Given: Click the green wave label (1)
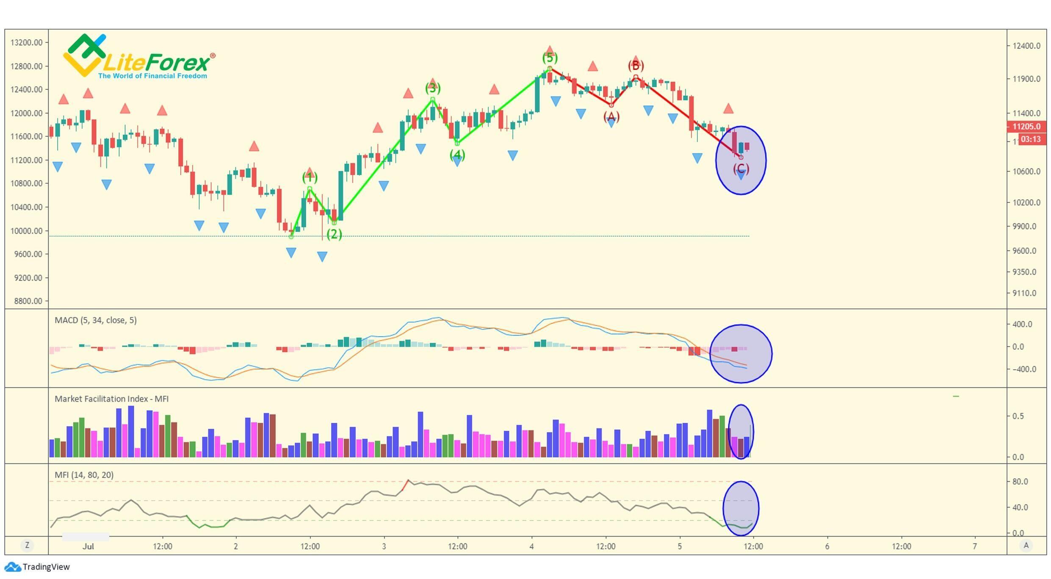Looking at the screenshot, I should pyautogui.click(x=310, y=177).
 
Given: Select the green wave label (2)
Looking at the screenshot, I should pyautogui.click(x=334, y=234).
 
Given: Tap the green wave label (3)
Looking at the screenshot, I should pyautogui.click(x=432, y=88).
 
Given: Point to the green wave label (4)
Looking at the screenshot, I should pyautogui.click(x=457, y=155).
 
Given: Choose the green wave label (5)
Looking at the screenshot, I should pyautogui.click(x=550, y=58).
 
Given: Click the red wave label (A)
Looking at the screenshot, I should pyautogui.click(x=611, y=116).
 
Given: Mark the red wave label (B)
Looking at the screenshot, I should pyautogui.click(x=636, y=66).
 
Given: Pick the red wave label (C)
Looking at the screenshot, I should pyautogui.click(x=741, y=169).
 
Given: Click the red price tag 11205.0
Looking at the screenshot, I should pyautogui.click(x=1026, y=127).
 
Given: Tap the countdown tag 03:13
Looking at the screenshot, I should pyautogui.click(x=1030, y=139).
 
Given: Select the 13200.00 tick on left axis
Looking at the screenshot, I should pyautogui.click(x=26, y=42).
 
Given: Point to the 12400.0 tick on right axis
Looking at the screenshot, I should pyautogui.click(x=1026, y=46).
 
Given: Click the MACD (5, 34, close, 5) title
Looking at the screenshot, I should pyautogui.click(x=96, y=320).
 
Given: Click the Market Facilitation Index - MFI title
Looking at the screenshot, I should pyautogui.click(x=111, y=399).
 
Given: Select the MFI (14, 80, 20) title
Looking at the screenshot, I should pyautogui.click(x=84, y=475).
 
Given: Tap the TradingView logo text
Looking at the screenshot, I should pyautogui.click(x=46, y=567).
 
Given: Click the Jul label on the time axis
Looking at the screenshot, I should pyautogui.click(x=88, y=546).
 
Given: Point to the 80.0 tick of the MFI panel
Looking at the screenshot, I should pyautogui.click(x=1020, y=482).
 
